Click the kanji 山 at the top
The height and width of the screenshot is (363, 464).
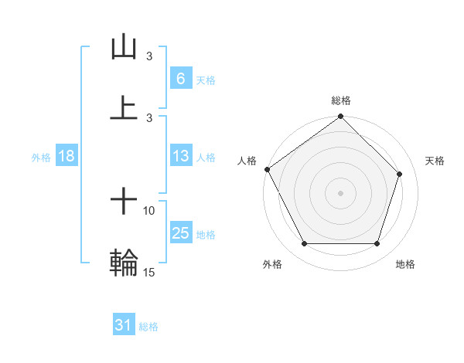point(124,47)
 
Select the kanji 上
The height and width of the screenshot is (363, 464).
point(124,107)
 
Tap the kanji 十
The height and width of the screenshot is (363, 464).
point(124,202)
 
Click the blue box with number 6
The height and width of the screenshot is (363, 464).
point(180,78)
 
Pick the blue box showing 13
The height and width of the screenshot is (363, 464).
point(180,156)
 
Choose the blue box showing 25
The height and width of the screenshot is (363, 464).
point(180,233)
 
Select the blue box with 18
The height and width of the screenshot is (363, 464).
point(67,156)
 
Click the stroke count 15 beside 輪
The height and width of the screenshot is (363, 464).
point(150,273)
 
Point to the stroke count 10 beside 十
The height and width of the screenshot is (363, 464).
point(149,210)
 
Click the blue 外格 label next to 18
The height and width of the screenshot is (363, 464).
point(41,157)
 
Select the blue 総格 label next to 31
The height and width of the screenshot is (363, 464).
point(148,326)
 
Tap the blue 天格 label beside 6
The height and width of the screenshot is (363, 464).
point(205,79)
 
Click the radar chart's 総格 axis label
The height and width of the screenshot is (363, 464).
point(341,100)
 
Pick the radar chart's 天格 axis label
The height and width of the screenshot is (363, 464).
point(435,161)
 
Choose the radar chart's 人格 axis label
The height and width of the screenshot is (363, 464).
point(247,161)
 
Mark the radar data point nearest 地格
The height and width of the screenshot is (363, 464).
point(377,244)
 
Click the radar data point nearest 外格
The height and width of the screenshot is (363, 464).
point(304,244)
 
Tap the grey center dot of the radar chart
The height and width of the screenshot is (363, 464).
point(340,192)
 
